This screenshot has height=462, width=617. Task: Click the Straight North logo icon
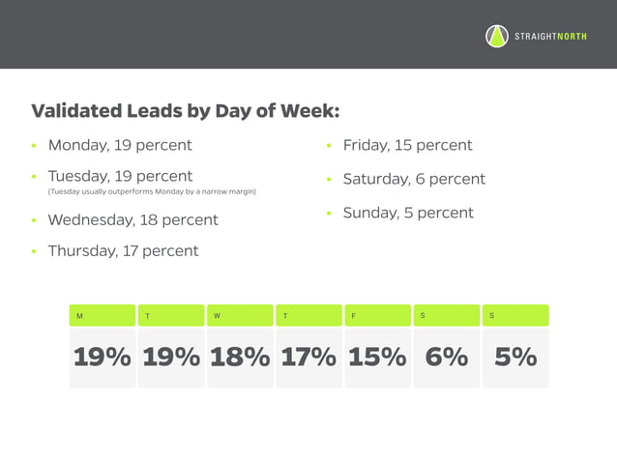pos(496,37)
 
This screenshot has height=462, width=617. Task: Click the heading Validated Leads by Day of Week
pos(186,111)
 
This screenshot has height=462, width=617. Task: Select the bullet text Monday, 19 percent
pos(120,145)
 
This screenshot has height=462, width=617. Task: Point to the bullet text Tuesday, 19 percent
pos(120,176)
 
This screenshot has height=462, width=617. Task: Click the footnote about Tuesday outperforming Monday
pos(152,192)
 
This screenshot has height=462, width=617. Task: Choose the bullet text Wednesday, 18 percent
pos(132,219)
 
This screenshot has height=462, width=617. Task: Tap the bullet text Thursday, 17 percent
pos(123,250)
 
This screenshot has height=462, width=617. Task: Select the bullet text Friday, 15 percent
pos(407,145)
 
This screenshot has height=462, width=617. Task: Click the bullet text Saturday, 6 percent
pos(414,179)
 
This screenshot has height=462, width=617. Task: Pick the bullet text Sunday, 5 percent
pos(408,213)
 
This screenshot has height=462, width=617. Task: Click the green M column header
pos(102,315)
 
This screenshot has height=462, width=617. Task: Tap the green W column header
pos(240,315)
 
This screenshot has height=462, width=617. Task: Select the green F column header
pos(377,315)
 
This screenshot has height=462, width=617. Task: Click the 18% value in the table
pos(240,357)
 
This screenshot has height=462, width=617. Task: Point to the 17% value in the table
pos(308,357)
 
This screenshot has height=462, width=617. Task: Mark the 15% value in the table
pos(377,357)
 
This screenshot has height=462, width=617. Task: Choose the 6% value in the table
pos(446,357)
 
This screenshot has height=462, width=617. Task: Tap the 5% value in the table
pos(515,357)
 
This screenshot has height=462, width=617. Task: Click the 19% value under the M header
pos(102,357)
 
